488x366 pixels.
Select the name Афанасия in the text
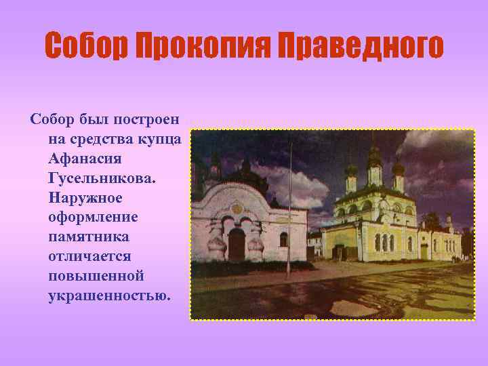pyautogui.click(x=84, y=159)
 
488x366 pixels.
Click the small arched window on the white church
pyautogui.click(x=283, y=239)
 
